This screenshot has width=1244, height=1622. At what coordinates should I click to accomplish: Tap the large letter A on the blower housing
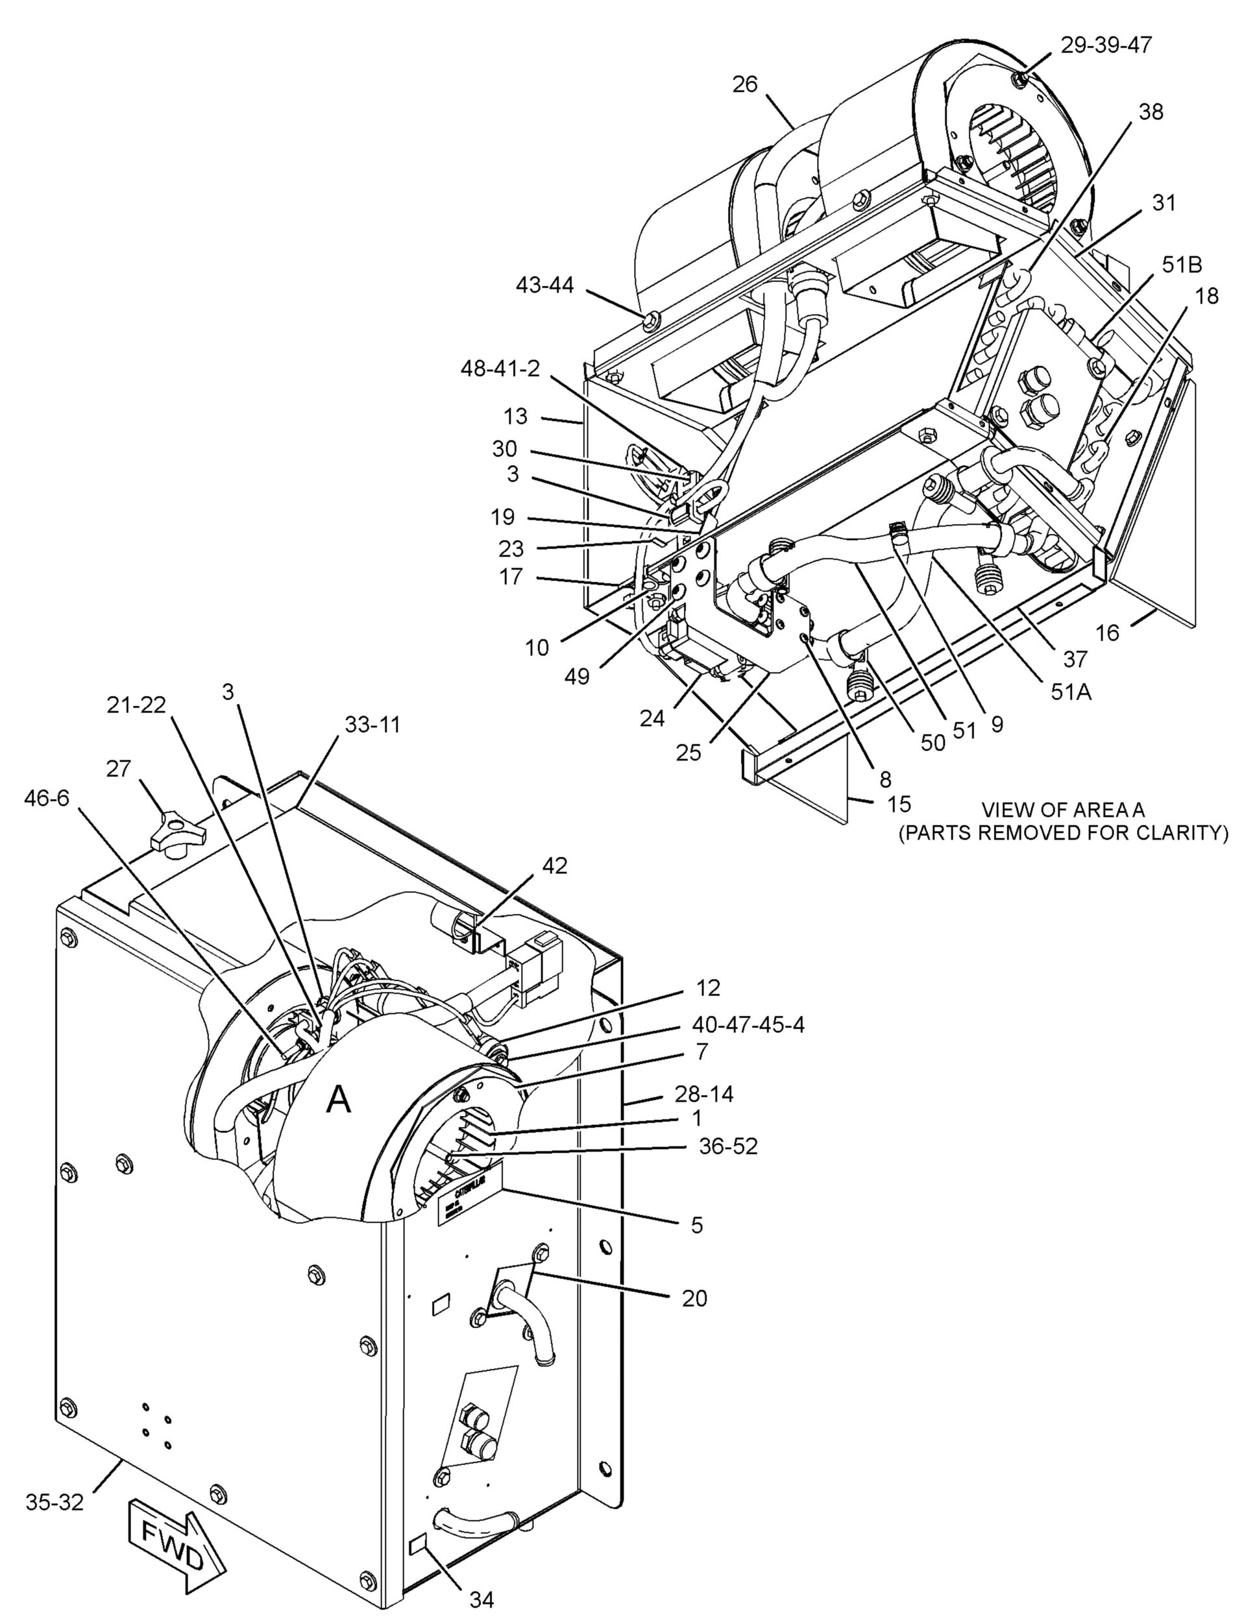click(x=339, y=1100)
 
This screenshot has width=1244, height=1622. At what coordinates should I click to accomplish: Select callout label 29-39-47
click(x=1106, y=45)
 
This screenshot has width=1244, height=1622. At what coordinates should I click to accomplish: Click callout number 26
click(x=745, y=84)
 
